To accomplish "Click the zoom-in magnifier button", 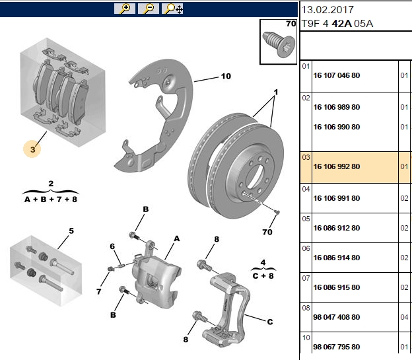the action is point(125,9).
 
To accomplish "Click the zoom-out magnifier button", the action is point(149,9).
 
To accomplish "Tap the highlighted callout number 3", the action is point(32,149).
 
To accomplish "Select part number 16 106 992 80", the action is point(337,166).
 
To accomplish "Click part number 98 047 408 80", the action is point(337,317).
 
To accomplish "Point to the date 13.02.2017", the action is point(327,10).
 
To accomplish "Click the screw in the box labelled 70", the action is point(279,44).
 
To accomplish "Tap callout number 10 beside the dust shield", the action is point(226,76).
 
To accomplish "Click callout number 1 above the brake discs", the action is point(275,92).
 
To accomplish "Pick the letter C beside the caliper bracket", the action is point(270,322).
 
